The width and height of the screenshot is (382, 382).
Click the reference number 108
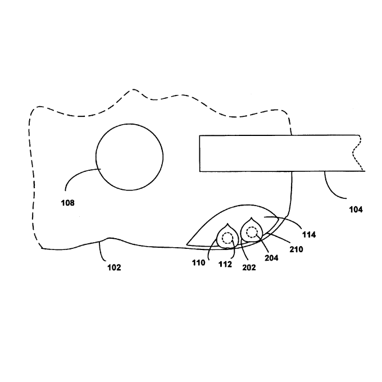(x=67, y=203)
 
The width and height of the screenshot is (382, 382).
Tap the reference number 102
(x=114, y=267)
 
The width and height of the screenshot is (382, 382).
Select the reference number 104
(x=356, y=210)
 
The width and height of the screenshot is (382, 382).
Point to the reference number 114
(x=309, y=235)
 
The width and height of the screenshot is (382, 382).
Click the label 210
(x=296, y=249)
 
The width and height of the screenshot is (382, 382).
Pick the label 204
(x=271, y=258)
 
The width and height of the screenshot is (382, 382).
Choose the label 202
(x=249, y=267)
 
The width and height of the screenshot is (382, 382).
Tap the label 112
(x=225, y=264)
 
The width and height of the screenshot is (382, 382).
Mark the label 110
(x=198, y=263)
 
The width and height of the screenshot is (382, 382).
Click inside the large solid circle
(x=129, y=157)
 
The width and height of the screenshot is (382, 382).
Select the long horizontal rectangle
(x=280, y=153)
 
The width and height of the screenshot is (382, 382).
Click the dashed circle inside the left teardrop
(x=228, y=238)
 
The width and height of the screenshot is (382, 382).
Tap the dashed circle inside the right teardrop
(x=252, y=232)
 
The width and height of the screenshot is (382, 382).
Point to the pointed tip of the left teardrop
(x=228, y=224)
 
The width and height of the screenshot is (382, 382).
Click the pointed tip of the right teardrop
(x=251, y=217)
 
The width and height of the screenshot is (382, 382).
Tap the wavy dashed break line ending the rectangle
(x=356, y=153)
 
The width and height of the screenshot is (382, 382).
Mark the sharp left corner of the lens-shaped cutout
(x=187, y=244)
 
